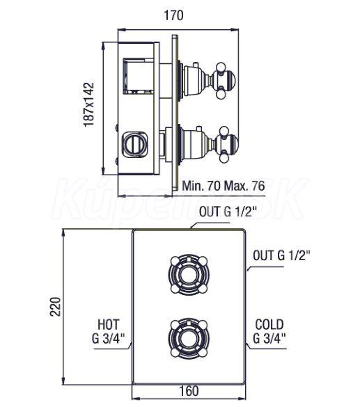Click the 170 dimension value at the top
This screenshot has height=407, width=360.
[x=173, y=15]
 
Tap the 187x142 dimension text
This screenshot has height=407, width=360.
[x=88, y=104]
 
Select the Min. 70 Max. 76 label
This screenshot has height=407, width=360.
[x=224, y=186]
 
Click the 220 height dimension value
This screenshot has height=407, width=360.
[x=55, y=307]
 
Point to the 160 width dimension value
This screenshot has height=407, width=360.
[x=189, y=391]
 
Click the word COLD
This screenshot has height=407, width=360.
[x=269, y=324]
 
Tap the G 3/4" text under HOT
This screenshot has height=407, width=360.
[x=109, y=339]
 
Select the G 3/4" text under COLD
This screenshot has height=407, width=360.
[x=269, y=339]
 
